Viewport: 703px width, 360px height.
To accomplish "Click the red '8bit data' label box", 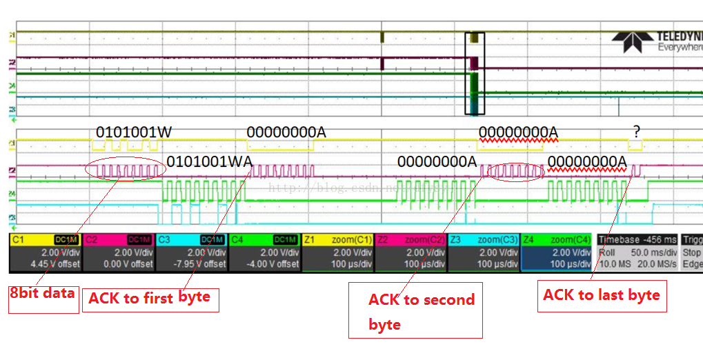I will [x=42, y=293].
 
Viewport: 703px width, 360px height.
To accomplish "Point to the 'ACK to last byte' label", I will [x=602, y=295].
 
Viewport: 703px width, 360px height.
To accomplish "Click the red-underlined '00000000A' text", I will [x=518, y=132].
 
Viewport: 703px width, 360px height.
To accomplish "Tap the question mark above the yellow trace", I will [x=637, y=130].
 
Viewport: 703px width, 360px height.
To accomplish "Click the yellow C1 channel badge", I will [x=18, y=239].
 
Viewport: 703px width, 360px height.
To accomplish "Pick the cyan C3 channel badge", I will [x=165, y=239].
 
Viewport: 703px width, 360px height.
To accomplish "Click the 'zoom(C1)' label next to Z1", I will [x=353, y=239].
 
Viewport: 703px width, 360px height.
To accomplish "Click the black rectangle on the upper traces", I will [x=475, y=73].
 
